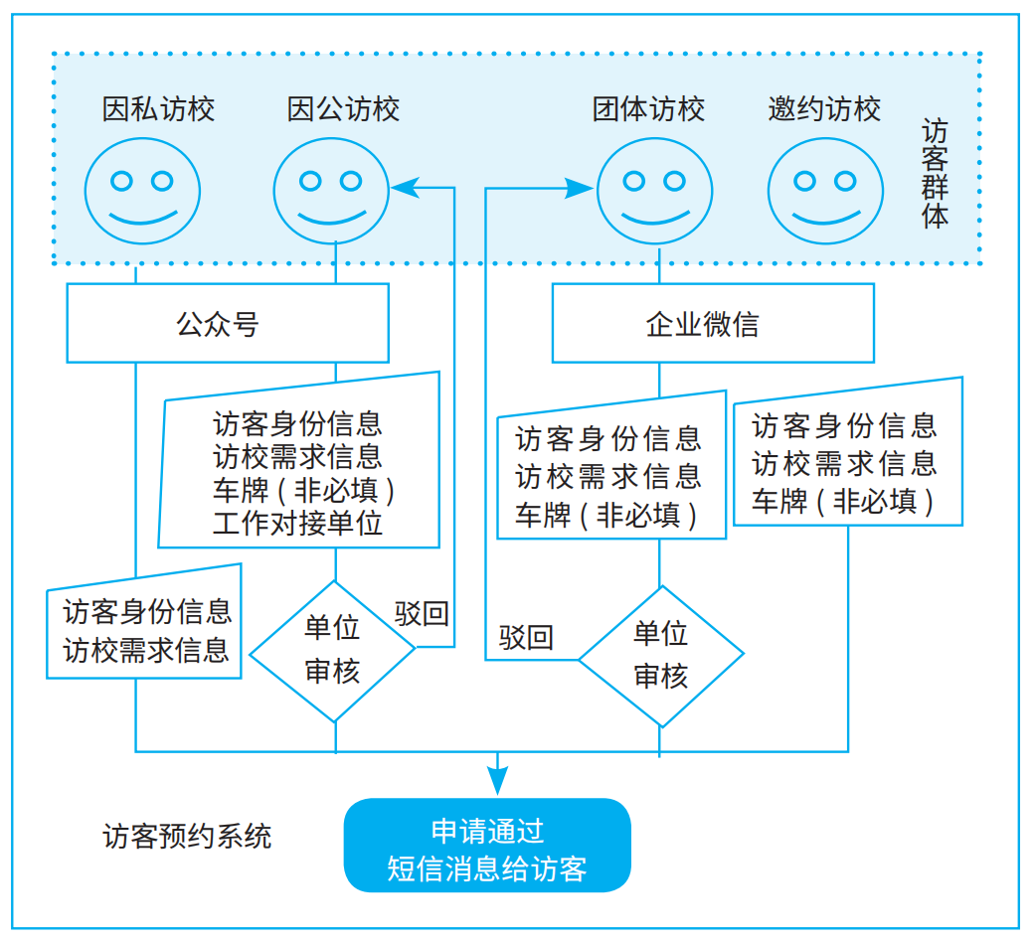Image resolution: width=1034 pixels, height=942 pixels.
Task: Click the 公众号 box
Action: pos(227,324)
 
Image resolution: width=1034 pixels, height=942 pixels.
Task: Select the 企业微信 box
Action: pos(712,324)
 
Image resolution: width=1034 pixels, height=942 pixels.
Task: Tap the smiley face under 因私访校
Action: pos(142,190)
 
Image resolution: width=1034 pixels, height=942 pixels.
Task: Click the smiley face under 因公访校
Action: pos(331,190)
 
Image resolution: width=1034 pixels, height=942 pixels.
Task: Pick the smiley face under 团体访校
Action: pos(653,190)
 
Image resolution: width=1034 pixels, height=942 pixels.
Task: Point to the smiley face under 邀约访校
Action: pos(825,190)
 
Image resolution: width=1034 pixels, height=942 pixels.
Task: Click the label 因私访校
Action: pos(158,108)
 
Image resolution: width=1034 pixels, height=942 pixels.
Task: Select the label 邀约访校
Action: pos(824,108)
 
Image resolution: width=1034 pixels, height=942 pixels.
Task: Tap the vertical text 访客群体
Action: pos(935,175)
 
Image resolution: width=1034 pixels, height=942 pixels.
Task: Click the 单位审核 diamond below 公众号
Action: pos(332,651)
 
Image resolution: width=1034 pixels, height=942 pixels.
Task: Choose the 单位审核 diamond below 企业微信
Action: pos(661,656)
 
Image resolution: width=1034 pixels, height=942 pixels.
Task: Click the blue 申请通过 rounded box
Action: pos(487,846)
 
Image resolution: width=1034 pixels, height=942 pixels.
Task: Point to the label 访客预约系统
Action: pos(187,836)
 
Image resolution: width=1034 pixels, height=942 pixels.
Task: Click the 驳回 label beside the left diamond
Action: pos(422,613)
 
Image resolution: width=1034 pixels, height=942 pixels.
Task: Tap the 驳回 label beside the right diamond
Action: pos(526,637)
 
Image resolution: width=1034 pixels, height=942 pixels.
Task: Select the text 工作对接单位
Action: pos(297,524)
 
